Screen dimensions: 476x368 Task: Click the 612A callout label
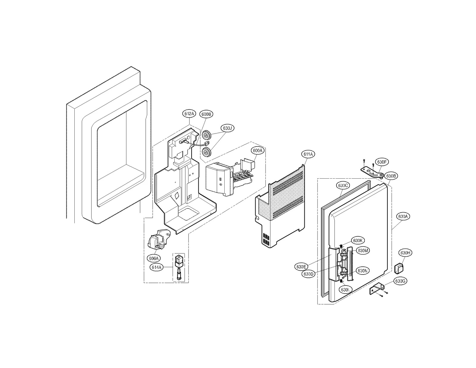(x=189, y=113)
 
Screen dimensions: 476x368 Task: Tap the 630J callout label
(x=227, y=128)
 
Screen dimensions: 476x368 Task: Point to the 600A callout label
(x=258, y=151)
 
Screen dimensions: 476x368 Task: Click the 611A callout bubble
(x=308, y=154)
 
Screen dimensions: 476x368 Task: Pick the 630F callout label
(x=382, y=162)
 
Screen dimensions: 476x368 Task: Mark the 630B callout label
(x=391, y=176)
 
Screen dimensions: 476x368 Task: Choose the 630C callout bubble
(x=343, y=185)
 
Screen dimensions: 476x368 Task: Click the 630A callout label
(x=403, y=216)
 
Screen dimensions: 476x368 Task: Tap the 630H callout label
(x=405, y=253)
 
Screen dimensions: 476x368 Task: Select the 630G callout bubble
(x=400, y=281)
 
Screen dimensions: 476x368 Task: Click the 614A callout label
(x=156, y=267)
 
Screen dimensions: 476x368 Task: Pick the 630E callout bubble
(x=301, y=267)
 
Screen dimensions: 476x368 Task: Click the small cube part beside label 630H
(x=399, y=268)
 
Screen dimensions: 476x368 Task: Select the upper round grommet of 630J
(x=206, y=136)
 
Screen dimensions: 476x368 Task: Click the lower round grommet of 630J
(x=206, y=152)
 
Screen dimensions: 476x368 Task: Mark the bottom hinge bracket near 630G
(x=377, y=289)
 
